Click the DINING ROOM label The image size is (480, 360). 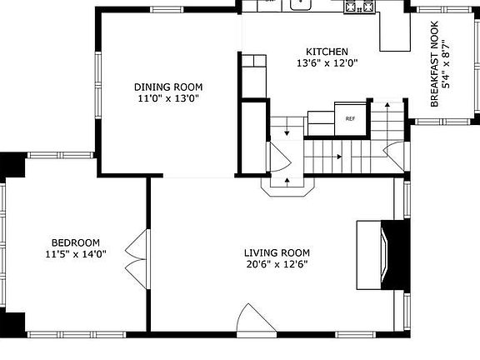(168, 87)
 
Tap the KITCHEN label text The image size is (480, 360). (327, 52)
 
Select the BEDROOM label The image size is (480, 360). (76, 242)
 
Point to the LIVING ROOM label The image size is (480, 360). (277, 252)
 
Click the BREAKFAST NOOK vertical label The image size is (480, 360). (434, 64)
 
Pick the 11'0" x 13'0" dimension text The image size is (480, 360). (168, 98)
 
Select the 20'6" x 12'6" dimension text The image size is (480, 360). (277, 264)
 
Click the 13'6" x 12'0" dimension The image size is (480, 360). (327, 63)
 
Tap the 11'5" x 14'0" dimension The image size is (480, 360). (76, 254)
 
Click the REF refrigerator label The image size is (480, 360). (350, 119)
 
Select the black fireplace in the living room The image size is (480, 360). (395, 255)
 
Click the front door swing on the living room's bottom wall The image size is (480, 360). (257, 318)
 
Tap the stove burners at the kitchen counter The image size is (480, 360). (359, 6)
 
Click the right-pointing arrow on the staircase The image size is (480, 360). (338, 157)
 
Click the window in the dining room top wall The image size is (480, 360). (167, 9)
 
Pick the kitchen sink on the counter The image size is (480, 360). (301, 4)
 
